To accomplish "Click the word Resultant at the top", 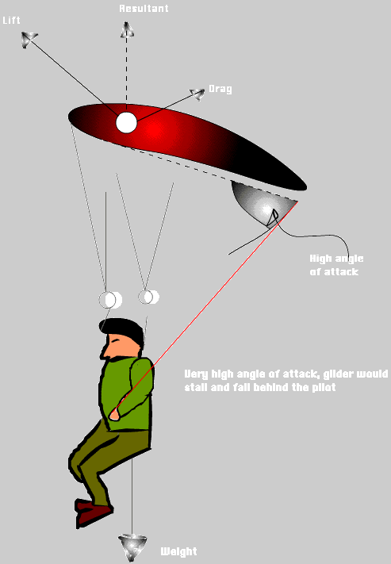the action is coord(144,9).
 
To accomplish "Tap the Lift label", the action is coord(11,21).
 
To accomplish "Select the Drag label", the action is coord(220,89).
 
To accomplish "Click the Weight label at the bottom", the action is coord(178,551).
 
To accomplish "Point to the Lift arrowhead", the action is coord(29,39).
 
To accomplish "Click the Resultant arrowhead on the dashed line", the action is coord(127,30).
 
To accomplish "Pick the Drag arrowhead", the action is coord(197,94).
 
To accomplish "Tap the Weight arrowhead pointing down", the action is coord(132,547).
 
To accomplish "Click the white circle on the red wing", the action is coord(126,123).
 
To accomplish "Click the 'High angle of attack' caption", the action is coord(336,265).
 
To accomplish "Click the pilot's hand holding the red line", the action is coord(115,415).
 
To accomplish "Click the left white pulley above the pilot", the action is coord(110,300).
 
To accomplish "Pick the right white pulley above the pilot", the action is coord(148,297).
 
